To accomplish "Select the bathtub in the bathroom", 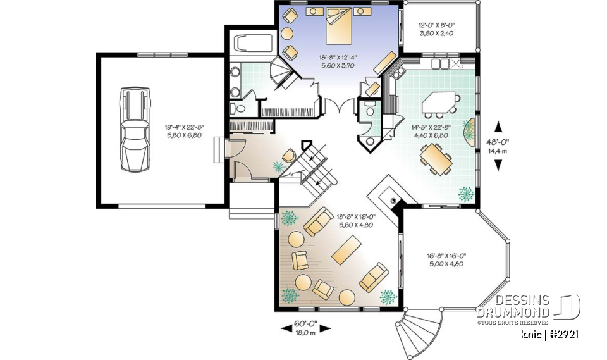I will click(247, 45).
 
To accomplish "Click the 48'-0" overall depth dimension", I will click(498, 146).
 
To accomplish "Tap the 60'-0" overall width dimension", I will click(305, 327).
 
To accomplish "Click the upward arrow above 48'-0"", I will click(498, 126).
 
